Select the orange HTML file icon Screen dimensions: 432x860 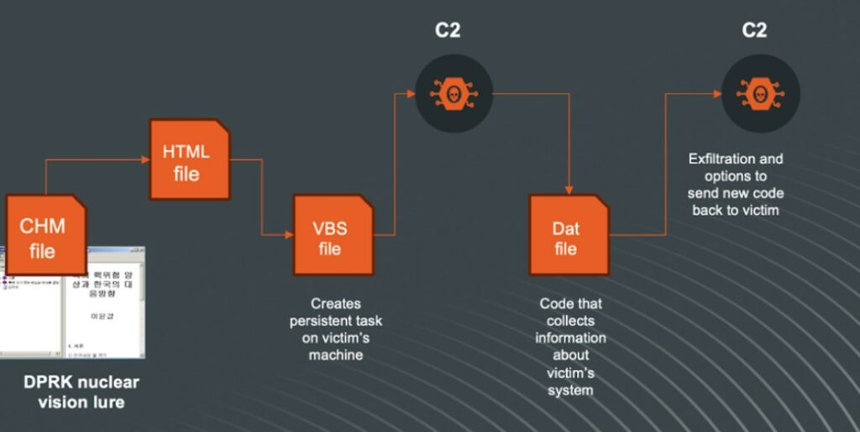[189, 161]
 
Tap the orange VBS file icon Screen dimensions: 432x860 [332, 237]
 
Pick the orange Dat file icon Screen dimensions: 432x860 [569, 237]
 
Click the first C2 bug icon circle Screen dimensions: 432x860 [454, 92]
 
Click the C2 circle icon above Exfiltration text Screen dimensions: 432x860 [760, 92]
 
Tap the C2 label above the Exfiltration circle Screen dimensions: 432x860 [754, 31]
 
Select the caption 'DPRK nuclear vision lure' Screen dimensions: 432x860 [81, 392]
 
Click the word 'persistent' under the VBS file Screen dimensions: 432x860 [335, 321]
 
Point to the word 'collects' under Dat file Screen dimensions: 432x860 [571, 321]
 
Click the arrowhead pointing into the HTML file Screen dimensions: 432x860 [144, 158]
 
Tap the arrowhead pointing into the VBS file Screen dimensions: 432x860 [287, 235]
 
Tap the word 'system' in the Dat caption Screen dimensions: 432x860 [571, 390]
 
